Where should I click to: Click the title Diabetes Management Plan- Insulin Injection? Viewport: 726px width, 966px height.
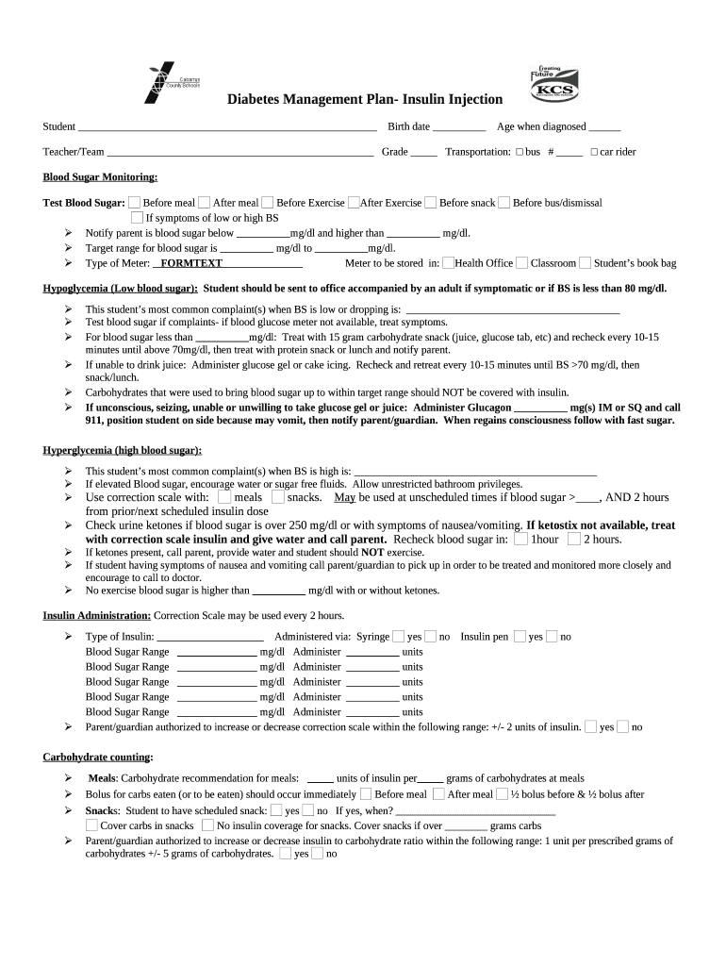click(365, 100)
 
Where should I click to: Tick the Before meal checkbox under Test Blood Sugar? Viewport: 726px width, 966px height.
click(135, 202)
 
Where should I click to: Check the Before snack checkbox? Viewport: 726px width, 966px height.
click(431, 202)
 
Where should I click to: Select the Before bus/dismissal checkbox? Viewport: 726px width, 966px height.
click(504, 202)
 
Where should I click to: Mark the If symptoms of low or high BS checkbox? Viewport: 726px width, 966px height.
click(137, 218)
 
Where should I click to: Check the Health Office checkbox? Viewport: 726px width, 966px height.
click(448, 263)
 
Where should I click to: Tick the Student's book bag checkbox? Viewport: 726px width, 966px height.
click(586, 263)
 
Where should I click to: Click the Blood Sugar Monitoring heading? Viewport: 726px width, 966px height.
click(100, 177)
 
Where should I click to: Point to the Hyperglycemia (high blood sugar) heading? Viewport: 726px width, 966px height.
click(123, 451)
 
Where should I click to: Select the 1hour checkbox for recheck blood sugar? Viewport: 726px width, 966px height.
click(520, 539)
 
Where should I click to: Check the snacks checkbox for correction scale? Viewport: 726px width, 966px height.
click(277, 496)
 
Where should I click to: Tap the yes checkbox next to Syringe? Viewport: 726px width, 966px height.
click(399, 636)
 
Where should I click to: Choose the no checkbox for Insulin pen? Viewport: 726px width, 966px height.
click(552, 636)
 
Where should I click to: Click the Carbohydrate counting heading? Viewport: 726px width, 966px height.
click(98, 758)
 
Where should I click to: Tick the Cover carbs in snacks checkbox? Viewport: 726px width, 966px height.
click(91, 825)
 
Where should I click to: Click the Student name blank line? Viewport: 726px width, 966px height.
click(226, 127)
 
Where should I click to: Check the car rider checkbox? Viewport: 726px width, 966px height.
click(594, 152)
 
